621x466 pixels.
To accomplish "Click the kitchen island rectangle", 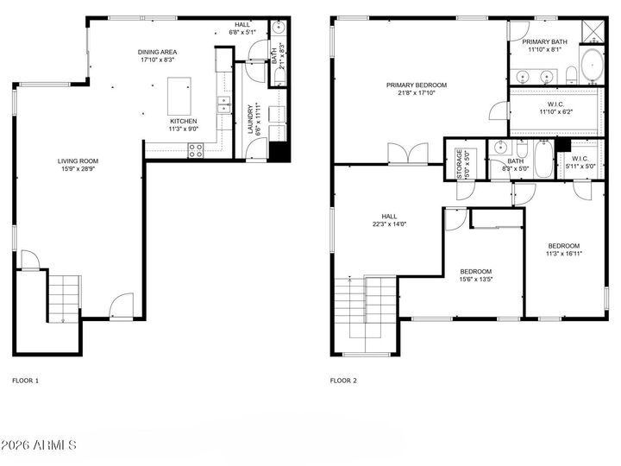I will (179, 92).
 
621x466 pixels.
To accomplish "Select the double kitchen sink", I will (223, 105).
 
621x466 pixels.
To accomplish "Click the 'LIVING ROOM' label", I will (78, 161).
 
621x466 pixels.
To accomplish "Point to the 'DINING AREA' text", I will (157, 53).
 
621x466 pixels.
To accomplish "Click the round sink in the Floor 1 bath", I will (279, 28).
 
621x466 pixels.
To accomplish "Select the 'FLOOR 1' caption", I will (25, 380).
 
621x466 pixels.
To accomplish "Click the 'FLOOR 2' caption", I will (343, 380).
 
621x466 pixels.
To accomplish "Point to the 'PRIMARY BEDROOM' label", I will (416, 85).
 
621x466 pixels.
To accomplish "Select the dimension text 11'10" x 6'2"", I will (555, 111).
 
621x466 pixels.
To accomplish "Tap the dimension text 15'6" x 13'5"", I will (475, 279).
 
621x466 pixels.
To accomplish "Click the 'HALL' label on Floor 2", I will (388, 217).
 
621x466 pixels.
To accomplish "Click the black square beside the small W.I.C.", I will (562, 144).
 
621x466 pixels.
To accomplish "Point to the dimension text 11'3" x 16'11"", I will (563, 254).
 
